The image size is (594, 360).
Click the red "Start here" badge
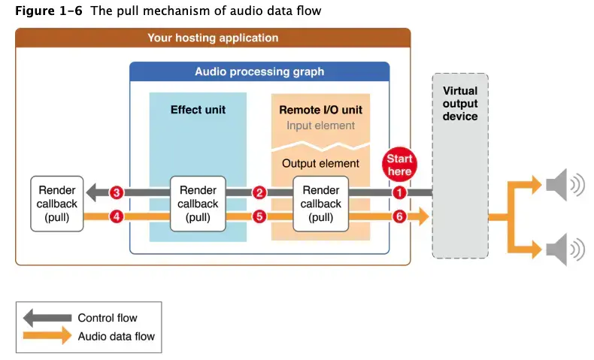pos(399,165)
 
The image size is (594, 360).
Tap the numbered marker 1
pos(399,192)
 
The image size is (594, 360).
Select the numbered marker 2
pos(259,192)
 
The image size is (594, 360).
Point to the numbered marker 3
pos(116,192)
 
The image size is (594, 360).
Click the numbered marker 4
pos(116,217)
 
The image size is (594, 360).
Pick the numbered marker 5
pos(259,217)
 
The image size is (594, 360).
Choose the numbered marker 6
pos(399,217)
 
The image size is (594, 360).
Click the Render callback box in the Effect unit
pos(198,204)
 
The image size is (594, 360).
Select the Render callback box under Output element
pos(321,204)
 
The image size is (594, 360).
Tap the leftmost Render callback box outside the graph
pos(57,204)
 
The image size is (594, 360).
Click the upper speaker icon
pos(564,184)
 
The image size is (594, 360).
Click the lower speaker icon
pos(564,249)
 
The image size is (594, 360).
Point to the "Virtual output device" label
pos(459,104)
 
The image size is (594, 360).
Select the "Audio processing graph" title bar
pos(259,72)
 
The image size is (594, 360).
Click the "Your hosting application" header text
pos(213,38)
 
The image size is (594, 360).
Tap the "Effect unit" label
pos(198,110)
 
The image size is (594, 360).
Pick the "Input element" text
pos(320,126)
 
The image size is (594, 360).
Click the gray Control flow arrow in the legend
pos(47,318)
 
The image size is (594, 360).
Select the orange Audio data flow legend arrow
pos(47,336)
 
